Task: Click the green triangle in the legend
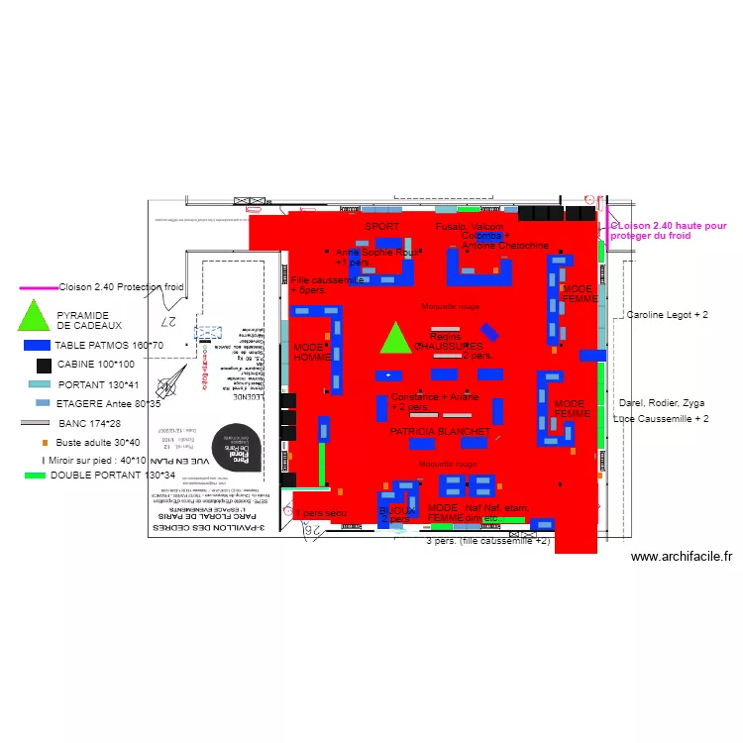pos(35,316)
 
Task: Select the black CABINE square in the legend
pos(44,366)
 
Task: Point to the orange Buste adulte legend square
pos(45,442)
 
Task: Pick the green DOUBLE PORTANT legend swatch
pos(36,476)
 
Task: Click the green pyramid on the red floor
pos(395,339)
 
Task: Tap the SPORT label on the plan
pos(382,227)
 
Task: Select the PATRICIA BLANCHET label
pos(440,432)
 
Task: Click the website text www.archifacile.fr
pos(680,558)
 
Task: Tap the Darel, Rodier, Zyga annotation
pos(661,403)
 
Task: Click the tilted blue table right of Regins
pos(489,332)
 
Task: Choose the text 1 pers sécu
pos(320,513)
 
